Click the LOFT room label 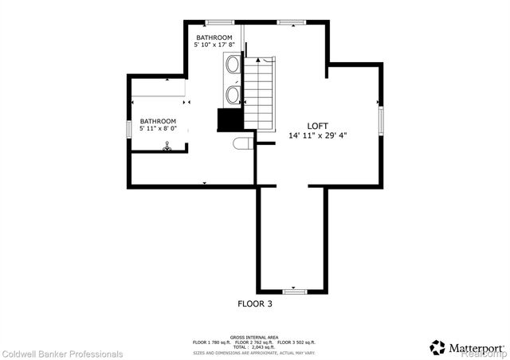[x=317, y=126]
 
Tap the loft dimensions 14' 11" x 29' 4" [x=317, y=135]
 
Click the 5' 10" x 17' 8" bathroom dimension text [x=214, y=45]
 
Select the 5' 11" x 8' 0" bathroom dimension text [x=163, y=127]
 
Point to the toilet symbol [x=243, y=143]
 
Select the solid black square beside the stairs [x=229, y=120]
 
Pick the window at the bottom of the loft [x=294, y=291]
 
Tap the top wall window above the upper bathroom [x=214, y=22]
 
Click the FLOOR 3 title [x=255, y=303]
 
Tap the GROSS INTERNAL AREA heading [x=254, y=337]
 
